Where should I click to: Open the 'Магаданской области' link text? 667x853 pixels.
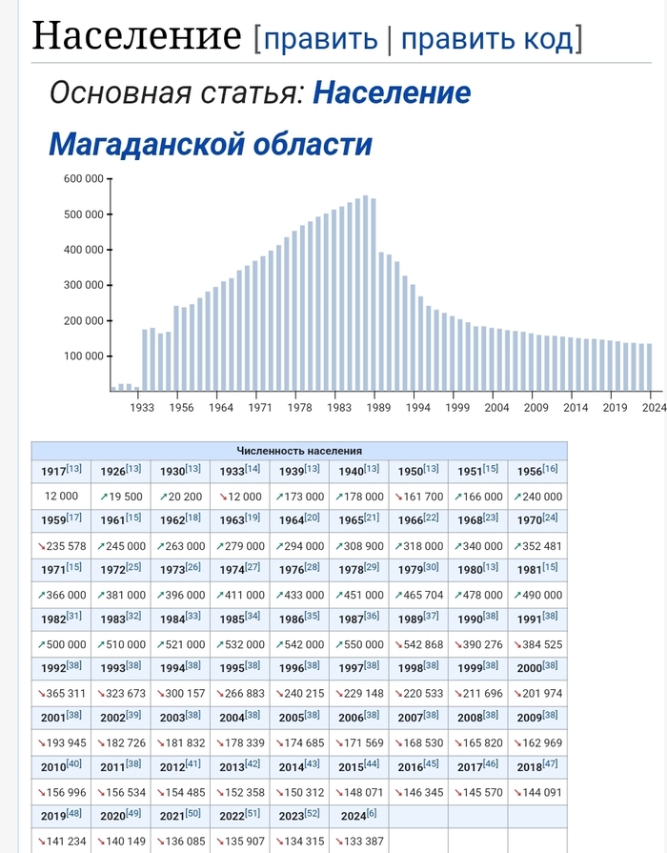[x=210, y=144]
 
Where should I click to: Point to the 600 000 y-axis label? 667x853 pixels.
[x=84, y=179]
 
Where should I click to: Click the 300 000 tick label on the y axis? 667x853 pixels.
[x=84, y=285]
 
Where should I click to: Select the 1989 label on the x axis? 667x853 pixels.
[x=377, y=407]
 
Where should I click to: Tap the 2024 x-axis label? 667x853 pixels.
[x=652, y=407]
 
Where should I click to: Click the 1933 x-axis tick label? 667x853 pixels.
[x=142, y=407]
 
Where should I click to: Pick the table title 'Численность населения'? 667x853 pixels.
[x=299, y=451]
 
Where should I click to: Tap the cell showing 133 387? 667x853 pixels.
[x=359, y=842]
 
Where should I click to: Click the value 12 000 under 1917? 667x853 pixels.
[x=61, y=497]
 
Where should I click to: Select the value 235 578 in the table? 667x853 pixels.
[x=61, y=546]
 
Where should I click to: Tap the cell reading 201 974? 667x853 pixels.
[x=536, y=694]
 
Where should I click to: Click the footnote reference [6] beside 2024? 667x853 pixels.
[x=373, y=813]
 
